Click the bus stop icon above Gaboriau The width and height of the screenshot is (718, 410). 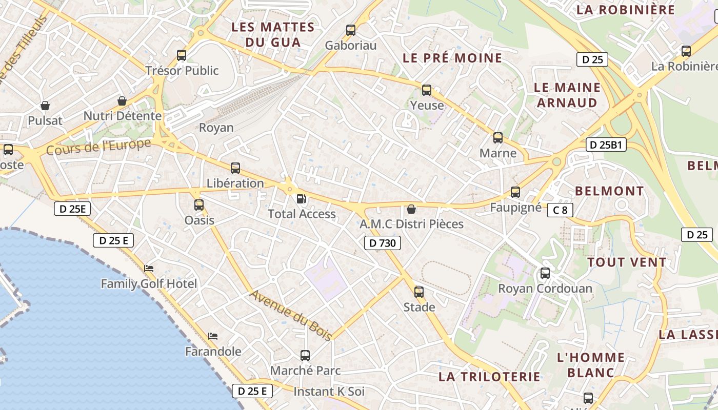click(x=351, y=30)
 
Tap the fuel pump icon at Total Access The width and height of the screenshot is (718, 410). click(x=302, y=199)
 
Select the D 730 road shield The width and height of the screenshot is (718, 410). click(x=382, y=243)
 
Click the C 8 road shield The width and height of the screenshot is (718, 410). click(x=560, y=210)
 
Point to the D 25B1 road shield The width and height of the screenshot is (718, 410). click(x=606, y=145)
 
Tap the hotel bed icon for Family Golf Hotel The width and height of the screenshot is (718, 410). click(x=149, y=268)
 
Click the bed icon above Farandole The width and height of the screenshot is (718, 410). click(x=213, y=336)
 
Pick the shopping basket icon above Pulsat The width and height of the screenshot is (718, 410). click(x=45, y=106)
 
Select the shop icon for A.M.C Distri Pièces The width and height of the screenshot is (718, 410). click(x=411, y=209)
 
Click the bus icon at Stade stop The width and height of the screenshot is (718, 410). click(x=419, y=292)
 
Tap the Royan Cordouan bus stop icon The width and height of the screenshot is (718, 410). click(x=545, y=273)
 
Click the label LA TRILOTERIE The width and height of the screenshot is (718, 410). click(x=489, y=377)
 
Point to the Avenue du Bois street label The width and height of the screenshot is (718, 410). click(x=291, y=315)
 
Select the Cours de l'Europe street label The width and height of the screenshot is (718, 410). click(x=98, y=147)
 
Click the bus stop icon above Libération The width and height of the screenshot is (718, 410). click(x=235, y=168)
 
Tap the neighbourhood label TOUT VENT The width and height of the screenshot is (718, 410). click(x=627, y=262)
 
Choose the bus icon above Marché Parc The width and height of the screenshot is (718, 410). click(x=305, y=355)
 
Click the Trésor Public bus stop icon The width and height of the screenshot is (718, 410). click(x=182, y=55)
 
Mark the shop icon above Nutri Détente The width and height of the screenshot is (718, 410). click(x=122, y=101)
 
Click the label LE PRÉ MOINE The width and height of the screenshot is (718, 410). click(x=452, y=58)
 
